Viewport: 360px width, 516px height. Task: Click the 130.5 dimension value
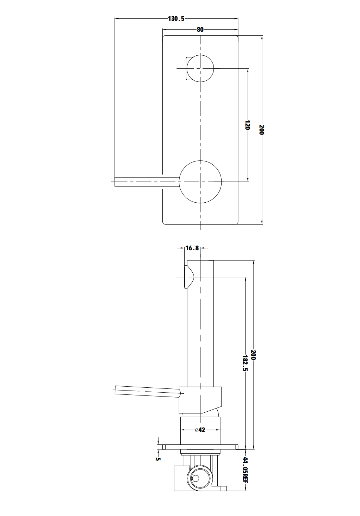[176, 19]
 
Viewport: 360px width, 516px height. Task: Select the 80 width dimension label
[200, 30]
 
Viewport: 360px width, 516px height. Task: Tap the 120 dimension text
[247, 125]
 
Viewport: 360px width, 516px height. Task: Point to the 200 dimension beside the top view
[261, 129]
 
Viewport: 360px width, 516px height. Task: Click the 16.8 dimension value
[192, 248]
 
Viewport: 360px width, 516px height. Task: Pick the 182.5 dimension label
[245, 363]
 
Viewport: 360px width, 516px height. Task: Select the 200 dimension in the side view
[253, 355]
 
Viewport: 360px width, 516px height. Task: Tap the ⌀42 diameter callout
[200, 430]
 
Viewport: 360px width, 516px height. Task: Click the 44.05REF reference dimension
[245, 470]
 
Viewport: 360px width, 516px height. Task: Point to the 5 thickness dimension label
[158, 459]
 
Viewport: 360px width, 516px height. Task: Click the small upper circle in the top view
[200, 68]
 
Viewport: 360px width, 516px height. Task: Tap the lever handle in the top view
[146, 182]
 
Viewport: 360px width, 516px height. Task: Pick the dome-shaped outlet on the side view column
[188, 277]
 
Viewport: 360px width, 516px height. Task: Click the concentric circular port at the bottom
[196, 478]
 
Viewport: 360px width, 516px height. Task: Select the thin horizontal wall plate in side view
[200, 447]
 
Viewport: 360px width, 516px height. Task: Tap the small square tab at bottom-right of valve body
[223, 489]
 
